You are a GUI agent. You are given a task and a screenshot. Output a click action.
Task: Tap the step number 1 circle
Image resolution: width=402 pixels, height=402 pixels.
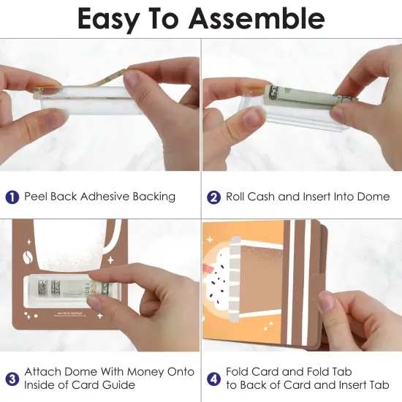(x=12, y=197)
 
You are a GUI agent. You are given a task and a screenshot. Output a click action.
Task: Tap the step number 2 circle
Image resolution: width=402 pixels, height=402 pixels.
(x=214, y=197)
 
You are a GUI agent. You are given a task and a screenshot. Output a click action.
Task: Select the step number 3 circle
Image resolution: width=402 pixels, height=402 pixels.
(x=12, y=378)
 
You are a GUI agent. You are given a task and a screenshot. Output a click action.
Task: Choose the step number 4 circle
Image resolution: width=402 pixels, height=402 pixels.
(x=214, y=378)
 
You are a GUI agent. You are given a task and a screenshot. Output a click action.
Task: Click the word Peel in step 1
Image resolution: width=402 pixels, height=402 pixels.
(x=36, y=197)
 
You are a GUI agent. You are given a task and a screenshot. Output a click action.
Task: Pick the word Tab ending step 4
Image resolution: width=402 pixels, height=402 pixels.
(x=379, y=384)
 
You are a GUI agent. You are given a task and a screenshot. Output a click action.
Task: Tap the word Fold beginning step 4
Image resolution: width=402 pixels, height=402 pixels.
(x=238, y=371)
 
